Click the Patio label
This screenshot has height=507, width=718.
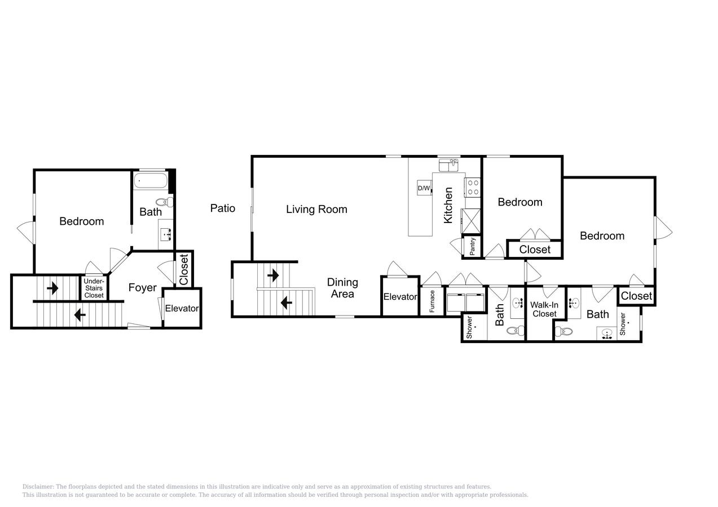click(x=222, y=208)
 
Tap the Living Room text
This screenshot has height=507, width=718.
click(x=316, y=210)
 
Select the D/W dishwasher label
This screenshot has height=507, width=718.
click(x=424, y=188)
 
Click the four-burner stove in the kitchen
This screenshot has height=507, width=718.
click(x=473, y=187)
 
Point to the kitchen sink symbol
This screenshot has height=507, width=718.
click(x=449, y=165)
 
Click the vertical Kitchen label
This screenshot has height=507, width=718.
click(x=448, y=205)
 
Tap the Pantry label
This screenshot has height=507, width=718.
click(x=472, y=246)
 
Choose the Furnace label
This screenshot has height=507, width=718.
click(x=432, y=301)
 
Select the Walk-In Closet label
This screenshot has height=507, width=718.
click(x=544, y=309)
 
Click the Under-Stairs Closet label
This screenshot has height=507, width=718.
click(x=94, y=288)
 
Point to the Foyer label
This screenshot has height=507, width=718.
click(x=142, y=288)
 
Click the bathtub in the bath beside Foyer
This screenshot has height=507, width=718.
click(x=150, y=181)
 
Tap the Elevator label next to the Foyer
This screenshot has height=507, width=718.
click(x=182, y=309)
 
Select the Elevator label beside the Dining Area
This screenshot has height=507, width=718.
click(x=400, y=297)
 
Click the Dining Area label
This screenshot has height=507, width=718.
click(x=342, y=288)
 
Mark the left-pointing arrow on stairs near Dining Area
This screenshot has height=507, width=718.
click(x=286, y=303)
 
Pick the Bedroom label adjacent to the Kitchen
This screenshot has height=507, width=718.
click(x=520, y=202)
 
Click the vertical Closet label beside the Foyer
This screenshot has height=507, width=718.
click(x=184, y=269)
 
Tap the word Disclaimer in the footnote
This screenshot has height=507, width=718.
click(x=38, y=487)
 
